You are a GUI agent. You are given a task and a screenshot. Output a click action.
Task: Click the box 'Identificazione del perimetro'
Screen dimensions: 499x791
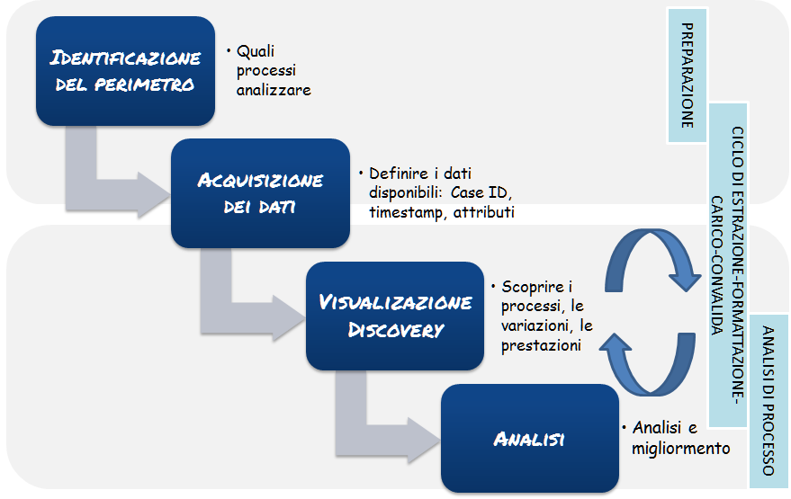pos(125,72)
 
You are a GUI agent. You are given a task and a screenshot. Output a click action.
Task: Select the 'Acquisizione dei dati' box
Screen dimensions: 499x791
pos(260,193)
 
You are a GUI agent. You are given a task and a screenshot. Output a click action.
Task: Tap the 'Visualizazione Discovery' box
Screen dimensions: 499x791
pos(395,315)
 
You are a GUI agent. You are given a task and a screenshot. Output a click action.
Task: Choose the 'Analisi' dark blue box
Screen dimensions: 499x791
pos(529,439)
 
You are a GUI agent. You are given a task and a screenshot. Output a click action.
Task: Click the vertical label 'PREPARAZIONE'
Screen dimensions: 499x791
pos(688,76)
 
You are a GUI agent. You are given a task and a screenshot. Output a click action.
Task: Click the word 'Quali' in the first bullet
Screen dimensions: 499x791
pos(255,52)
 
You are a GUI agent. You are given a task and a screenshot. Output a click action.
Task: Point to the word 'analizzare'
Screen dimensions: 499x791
pos(274,89)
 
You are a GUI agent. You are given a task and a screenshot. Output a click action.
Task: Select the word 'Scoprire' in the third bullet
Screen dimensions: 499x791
pos(531,287)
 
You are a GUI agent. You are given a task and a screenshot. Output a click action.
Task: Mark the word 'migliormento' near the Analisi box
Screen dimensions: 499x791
pos(681,448)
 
